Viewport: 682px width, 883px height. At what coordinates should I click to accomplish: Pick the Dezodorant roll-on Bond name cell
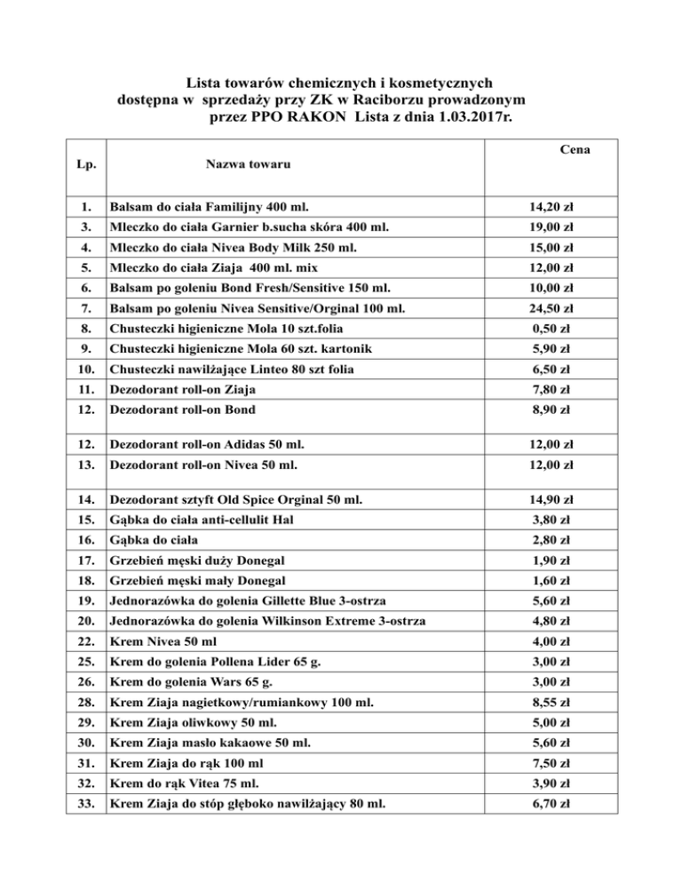181,409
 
